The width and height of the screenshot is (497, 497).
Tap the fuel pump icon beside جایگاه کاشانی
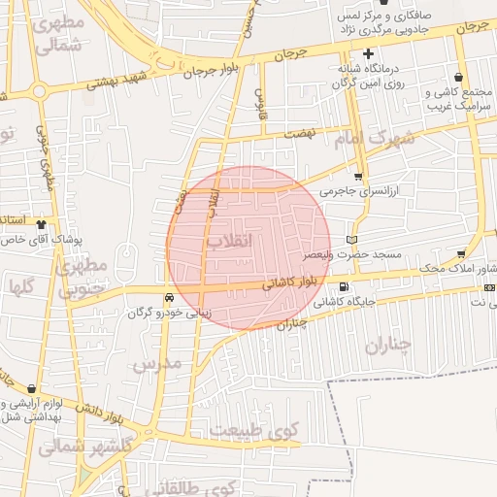click(x=344, y=285)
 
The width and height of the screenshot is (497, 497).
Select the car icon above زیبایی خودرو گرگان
click(x=170, y=298)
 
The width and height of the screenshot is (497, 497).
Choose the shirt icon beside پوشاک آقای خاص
click(x=41, y=223)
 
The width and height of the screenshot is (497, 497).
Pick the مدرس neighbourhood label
click(x=155, y=366)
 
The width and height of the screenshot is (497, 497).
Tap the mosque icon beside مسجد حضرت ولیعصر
click(x=351, y=239)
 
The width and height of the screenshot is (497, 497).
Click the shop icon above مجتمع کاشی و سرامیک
click(x=458, y=77)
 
